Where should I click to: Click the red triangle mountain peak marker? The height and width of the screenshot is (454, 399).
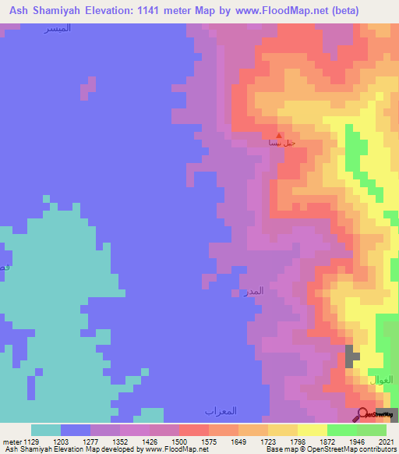280,134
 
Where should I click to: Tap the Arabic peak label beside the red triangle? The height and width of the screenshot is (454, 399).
281,144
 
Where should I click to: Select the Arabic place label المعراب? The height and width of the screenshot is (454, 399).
221,410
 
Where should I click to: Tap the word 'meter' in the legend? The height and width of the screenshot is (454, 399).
12,443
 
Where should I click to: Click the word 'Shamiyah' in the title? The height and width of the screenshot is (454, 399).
59,11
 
